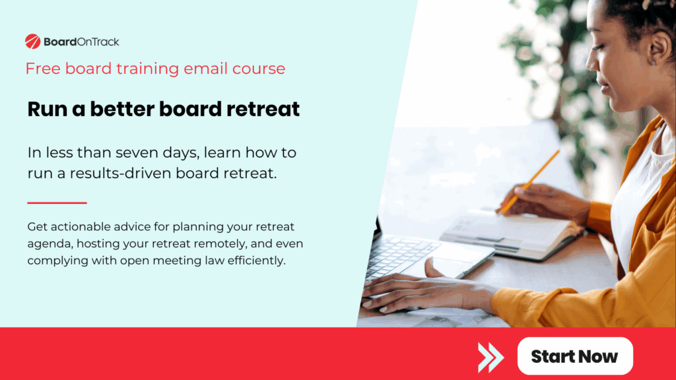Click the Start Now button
[x=574, y=356]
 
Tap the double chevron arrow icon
[x=490, y=357]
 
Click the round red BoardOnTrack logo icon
[x=33, y=42]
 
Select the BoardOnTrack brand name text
[x=81, y=42]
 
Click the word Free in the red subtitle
[x=41, y=69]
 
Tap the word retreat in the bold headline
[x=263, y=110]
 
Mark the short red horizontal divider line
[x=57, y=203]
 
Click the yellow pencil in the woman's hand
[x=529, y=182]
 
